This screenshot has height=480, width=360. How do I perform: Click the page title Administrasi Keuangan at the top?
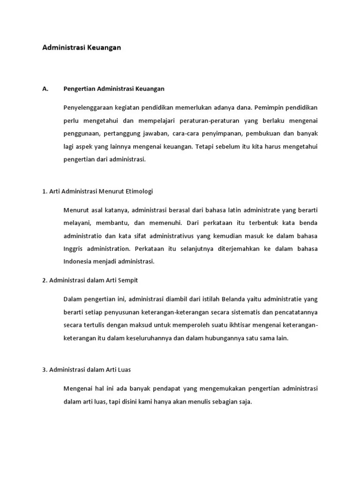[82, 47]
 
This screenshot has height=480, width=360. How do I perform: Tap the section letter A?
[45, 88]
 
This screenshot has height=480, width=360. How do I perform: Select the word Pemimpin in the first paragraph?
[271, 107]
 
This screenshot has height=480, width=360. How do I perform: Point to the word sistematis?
[222, 312]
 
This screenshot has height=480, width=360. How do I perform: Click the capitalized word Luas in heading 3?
[123, 369]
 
